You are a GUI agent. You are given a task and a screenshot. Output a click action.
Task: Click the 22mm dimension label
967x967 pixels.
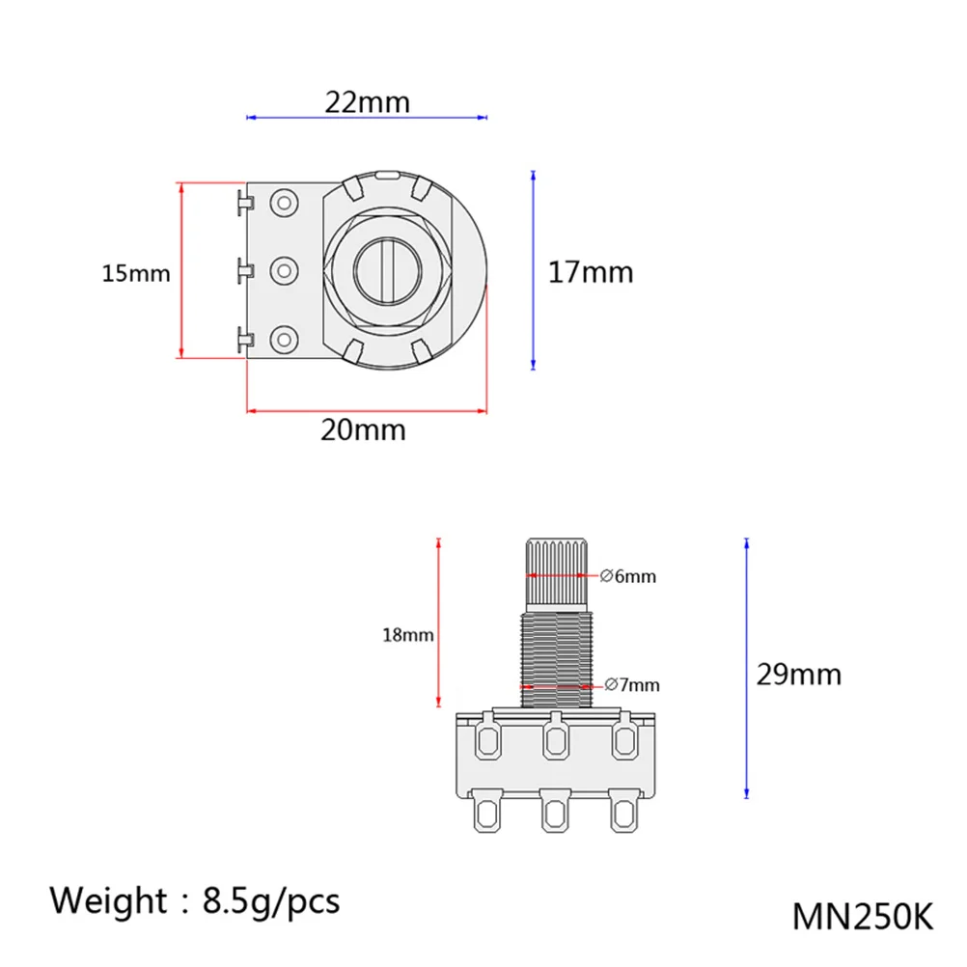pyautogui.click(x=368, y=102)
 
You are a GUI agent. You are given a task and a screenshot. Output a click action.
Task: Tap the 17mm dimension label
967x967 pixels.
pyautogui.click(x=591, y=272)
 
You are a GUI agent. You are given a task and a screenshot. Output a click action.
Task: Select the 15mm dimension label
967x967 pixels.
pyautogui.click(x=136, y=273)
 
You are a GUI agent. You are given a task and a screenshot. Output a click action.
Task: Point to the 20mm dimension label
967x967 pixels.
pyautogui.click(x=363, y=429)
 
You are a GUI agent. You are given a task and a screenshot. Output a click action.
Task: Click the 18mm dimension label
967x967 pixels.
pyautogui.click(x=407, y=635)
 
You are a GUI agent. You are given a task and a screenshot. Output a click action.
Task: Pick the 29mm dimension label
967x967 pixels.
pyautogui.click(x=799, y=674)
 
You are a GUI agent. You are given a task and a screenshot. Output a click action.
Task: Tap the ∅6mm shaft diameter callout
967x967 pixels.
pyautogui.click(x=628, y=576)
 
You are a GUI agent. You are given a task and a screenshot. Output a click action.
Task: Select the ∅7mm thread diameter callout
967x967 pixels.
pyautogui.click(x=632, y=684)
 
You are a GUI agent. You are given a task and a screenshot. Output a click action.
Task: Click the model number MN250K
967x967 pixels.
pyautogui.click(x=862, y=917)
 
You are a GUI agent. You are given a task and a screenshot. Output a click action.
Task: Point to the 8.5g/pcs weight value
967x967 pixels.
pyautogui.click(x=271, y=901)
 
